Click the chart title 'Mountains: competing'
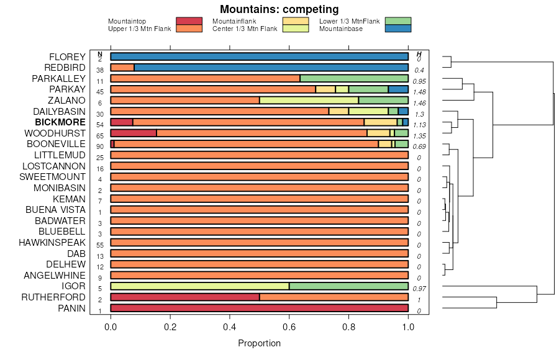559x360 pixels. [x=279, y=9]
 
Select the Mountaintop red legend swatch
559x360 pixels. [x=189, y=22]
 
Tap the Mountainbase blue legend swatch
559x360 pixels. [x=398, y=29]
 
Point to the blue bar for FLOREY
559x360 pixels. [x=259, y=56]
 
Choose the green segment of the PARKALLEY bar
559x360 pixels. [x=354, y=78]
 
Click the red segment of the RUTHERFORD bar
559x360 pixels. [x=185, y=297]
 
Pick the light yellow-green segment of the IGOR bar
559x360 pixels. [x=199, y=286]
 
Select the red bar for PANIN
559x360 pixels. [x=259, y=308]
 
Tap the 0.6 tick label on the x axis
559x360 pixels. [x=289, y=326]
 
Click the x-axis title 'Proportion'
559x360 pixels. [x=259, y=343]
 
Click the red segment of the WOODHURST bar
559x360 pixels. [x=134, y=133]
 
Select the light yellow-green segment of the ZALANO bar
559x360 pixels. [x=309, y=100]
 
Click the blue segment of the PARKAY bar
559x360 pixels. [x=398, y=89]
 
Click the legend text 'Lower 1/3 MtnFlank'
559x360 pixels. [x=349, y=22]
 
